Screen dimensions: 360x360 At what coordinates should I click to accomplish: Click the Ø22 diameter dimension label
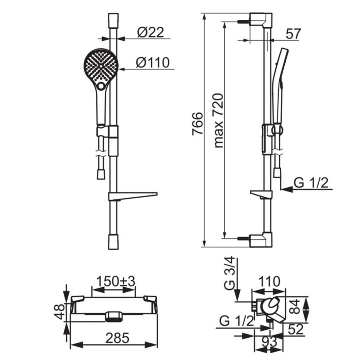point(150,32)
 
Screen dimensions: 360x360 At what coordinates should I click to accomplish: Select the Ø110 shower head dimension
point(153,62)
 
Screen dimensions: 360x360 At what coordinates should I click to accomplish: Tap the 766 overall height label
point(197,124)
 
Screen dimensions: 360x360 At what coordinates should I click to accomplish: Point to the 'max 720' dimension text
point(219,121)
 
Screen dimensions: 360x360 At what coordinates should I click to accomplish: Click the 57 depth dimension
point(293,34)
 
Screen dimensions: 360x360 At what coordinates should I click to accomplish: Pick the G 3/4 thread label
point(230,274)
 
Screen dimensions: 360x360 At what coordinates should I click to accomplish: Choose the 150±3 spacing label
point(116,281)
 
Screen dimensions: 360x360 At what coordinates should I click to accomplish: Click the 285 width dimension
point(117,338)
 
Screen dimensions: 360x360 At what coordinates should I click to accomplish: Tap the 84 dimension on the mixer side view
point(295,306)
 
